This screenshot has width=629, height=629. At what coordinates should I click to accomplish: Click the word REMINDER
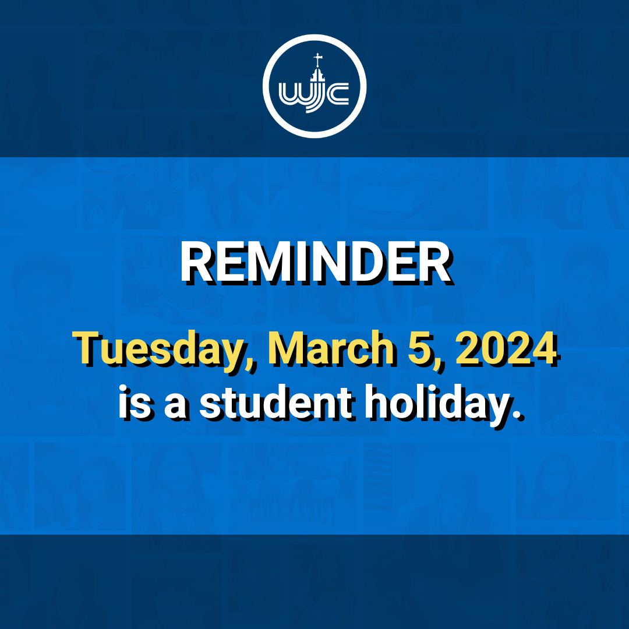pyautogui.click(x=316, y=263)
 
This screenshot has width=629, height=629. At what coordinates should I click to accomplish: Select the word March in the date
pyautogui.click(x=331, y=347)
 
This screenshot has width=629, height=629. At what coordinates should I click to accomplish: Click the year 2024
pyautogui.click(x=506, y=347)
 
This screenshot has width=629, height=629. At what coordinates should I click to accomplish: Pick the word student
pyautogui.click(x=277, y=402)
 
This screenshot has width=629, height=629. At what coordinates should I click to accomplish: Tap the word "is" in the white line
pyautogui.click(x=135, y=402)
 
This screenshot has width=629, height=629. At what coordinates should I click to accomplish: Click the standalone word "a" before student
pyautogui.click(x=175, y=407)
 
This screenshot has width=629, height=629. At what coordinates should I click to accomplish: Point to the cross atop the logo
pyautogui.click(x=318, y=60)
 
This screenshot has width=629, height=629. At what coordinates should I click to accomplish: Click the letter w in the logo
pyautogui.click(x=294, y=94)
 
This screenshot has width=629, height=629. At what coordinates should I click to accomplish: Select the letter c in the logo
pyautogui.click(x=337, y=94)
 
